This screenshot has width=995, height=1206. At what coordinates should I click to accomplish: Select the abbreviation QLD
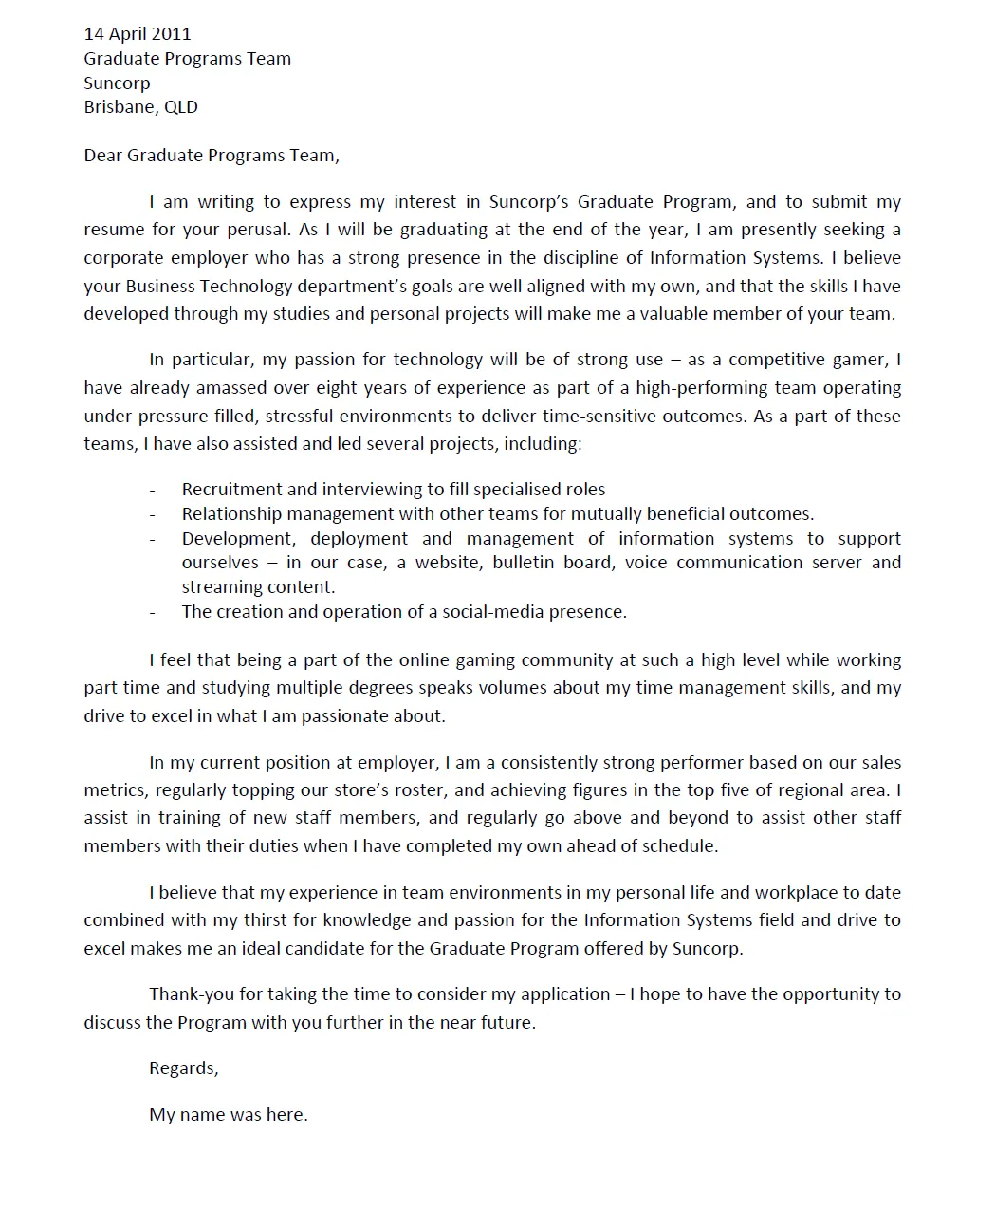[181, 107]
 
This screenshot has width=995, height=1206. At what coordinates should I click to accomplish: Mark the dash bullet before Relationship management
[152, 514]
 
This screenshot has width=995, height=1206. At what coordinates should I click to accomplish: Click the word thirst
[292, 920]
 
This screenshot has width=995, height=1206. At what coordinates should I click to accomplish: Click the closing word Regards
[183, 1068]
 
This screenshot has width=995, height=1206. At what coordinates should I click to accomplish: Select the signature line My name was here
[228, 1115]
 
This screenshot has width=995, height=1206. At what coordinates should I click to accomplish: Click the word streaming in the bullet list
[219, 587]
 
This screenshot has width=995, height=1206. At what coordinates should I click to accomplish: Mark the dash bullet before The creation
[152, 612]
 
